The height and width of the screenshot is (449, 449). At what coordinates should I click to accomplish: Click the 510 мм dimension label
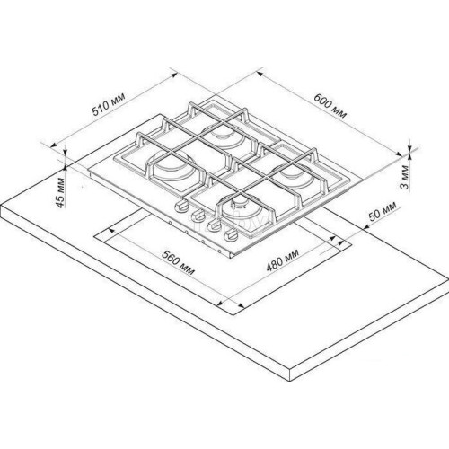coord(108,104)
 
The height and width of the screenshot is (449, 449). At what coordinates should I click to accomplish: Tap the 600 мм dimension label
coord(330,106)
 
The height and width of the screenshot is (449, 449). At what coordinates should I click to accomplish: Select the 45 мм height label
coord(60,193)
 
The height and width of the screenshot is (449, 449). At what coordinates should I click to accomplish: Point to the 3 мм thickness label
coord(404,177)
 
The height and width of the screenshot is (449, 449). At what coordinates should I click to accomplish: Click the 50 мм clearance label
coord(383,211)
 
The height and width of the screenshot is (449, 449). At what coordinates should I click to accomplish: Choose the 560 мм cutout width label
coord(179,262)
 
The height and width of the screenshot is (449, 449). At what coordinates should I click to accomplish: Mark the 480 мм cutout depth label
coord(283,260)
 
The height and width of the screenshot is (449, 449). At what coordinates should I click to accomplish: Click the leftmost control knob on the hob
coord(180,207)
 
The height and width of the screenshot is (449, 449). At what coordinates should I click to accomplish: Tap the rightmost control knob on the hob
coord(231,234)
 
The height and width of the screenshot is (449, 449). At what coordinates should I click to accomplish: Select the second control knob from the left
coord(198,216)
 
